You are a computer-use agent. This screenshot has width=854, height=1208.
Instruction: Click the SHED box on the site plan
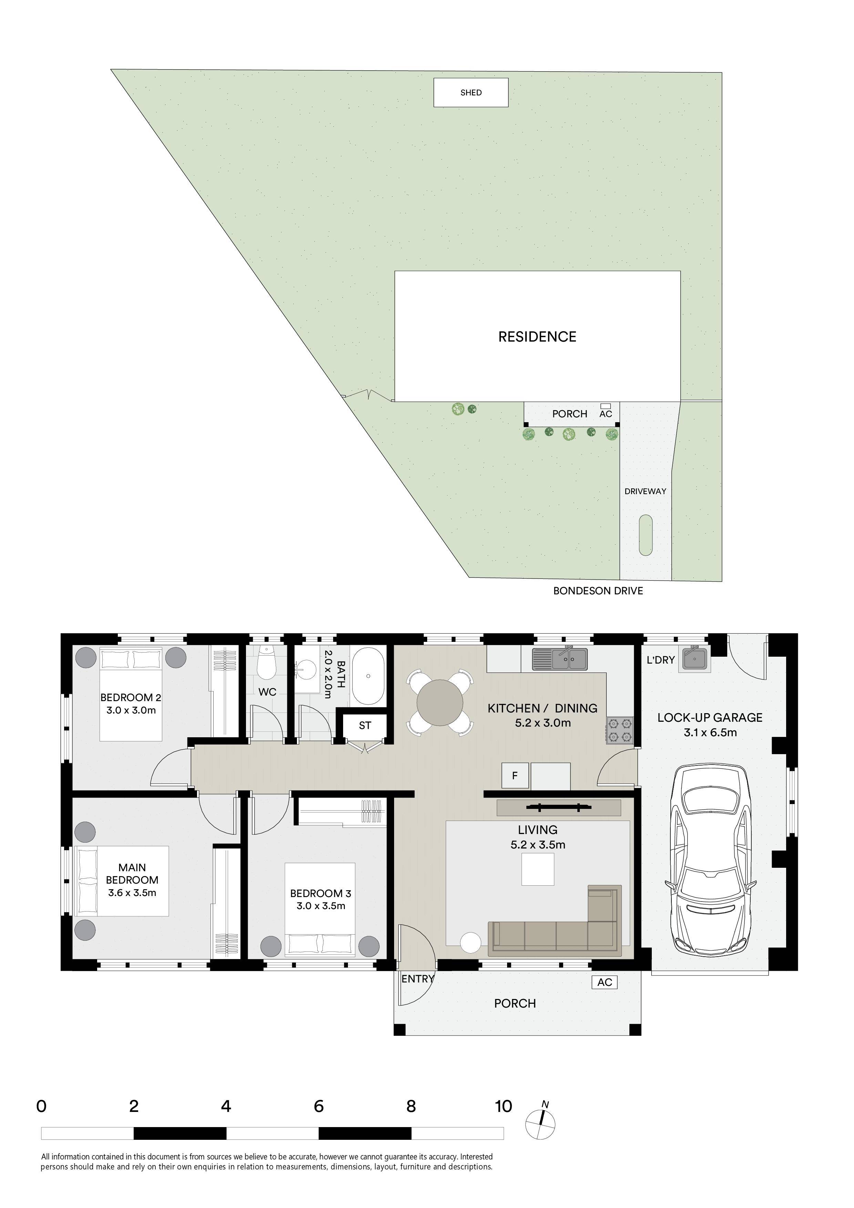(x=471, y=93)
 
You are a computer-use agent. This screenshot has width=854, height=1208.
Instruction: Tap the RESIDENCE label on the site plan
(x=537, y=337)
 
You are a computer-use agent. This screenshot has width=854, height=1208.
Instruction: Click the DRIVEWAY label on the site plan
(x=645, y=491)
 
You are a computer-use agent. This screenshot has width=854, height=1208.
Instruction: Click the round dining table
(x=440, y=702)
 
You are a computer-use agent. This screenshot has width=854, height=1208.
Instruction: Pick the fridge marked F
(x=515, y=775)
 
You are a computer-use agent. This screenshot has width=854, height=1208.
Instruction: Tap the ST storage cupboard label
(x=365, y=726)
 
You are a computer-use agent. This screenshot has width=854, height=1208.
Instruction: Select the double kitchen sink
(x=559, y=659)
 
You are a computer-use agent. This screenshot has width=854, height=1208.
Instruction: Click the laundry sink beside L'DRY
(x=694, y=658)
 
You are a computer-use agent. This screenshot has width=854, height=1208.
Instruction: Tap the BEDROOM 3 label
(x=320, y=893)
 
